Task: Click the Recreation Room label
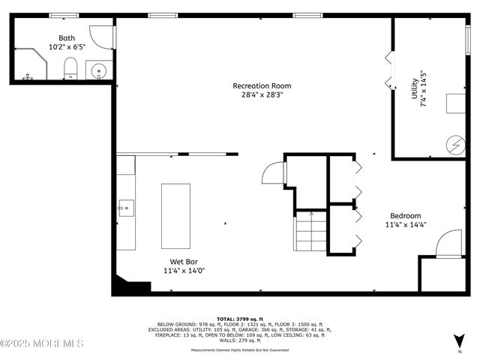tap(261, 85)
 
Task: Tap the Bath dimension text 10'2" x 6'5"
tap(66, 46)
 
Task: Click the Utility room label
tap(413, 91)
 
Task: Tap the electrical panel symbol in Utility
tap(456, 143)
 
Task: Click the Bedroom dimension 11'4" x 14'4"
tap(406, 224)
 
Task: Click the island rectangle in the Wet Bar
tap(177, 216)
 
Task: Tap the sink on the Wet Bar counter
tap(124, 206)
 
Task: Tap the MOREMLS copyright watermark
tap(42, 343)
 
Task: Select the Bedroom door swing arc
tap(449, 244)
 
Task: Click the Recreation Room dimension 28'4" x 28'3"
tap(261, 95)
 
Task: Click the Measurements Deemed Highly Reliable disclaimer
tap(240, 349)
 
